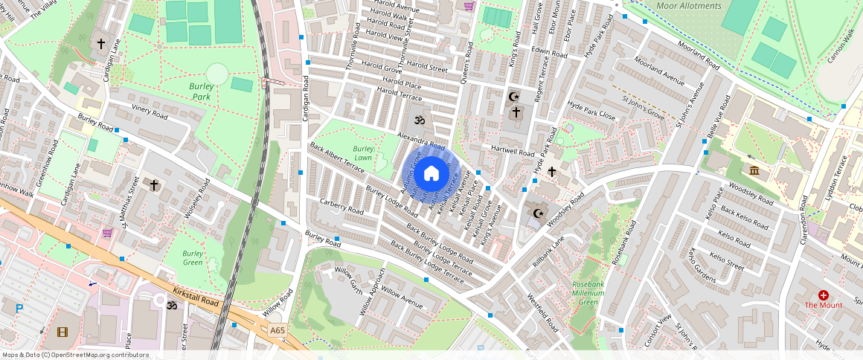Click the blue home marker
[431, 174]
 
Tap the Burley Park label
[202, 91]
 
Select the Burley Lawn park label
[363, 154]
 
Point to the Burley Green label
[193, 257]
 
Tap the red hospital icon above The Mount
[824, 295]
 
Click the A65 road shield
[277, 330]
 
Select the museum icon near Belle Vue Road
[755, 172]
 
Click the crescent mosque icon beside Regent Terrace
[513, 96]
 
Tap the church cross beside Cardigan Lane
[101, 44]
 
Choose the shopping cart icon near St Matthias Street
[107, 233]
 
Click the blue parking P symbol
[19, 308]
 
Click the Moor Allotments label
[689, 6]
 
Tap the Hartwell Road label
[513, 151]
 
